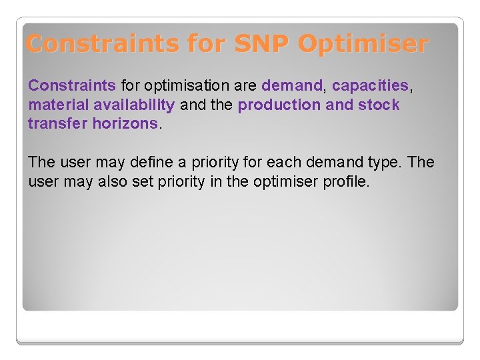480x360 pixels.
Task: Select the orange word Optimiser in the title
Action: tap(363, 44)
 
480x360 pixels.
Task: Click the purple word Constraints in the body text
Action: tap(72, 86)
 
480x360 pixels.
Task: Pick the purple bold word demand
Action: tap(292, 86)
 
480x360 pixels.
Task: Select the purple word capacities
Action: tap(370, 86)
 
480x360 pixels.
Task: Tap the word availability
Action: tap(134, 105)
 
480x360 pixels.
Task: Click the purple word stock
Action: tap(378, 105)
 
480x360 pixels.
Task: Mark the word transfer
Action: tap(57, 123)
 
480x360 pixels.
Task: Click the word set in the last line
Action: tap(143, 181)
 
